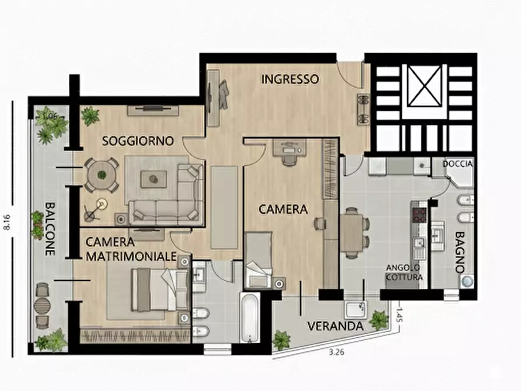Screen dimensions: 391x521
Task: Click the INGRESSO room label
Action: coord(289,79)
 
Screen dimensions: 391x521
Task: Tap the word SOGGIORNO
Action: coord(138,141)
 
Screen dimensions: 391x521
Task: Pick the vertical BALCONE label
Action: coord(50,229)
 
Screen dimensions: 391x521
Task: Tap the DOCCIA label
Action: coord(457,164)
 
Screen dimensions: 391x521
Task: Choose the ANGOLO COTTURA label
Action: coord(403,273)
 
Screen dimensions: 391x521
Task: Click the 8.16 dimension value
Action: coord(7,221)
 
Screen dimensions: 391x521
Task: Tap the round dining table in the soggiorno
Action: coord(102,174)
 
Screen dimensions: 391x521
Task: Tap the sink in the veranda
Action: coord(354,309)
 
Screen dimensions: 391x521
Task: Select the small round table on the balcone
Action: coord(42,305)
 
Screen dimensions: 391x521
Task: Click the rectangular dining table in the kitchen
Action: coord(352,232)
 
